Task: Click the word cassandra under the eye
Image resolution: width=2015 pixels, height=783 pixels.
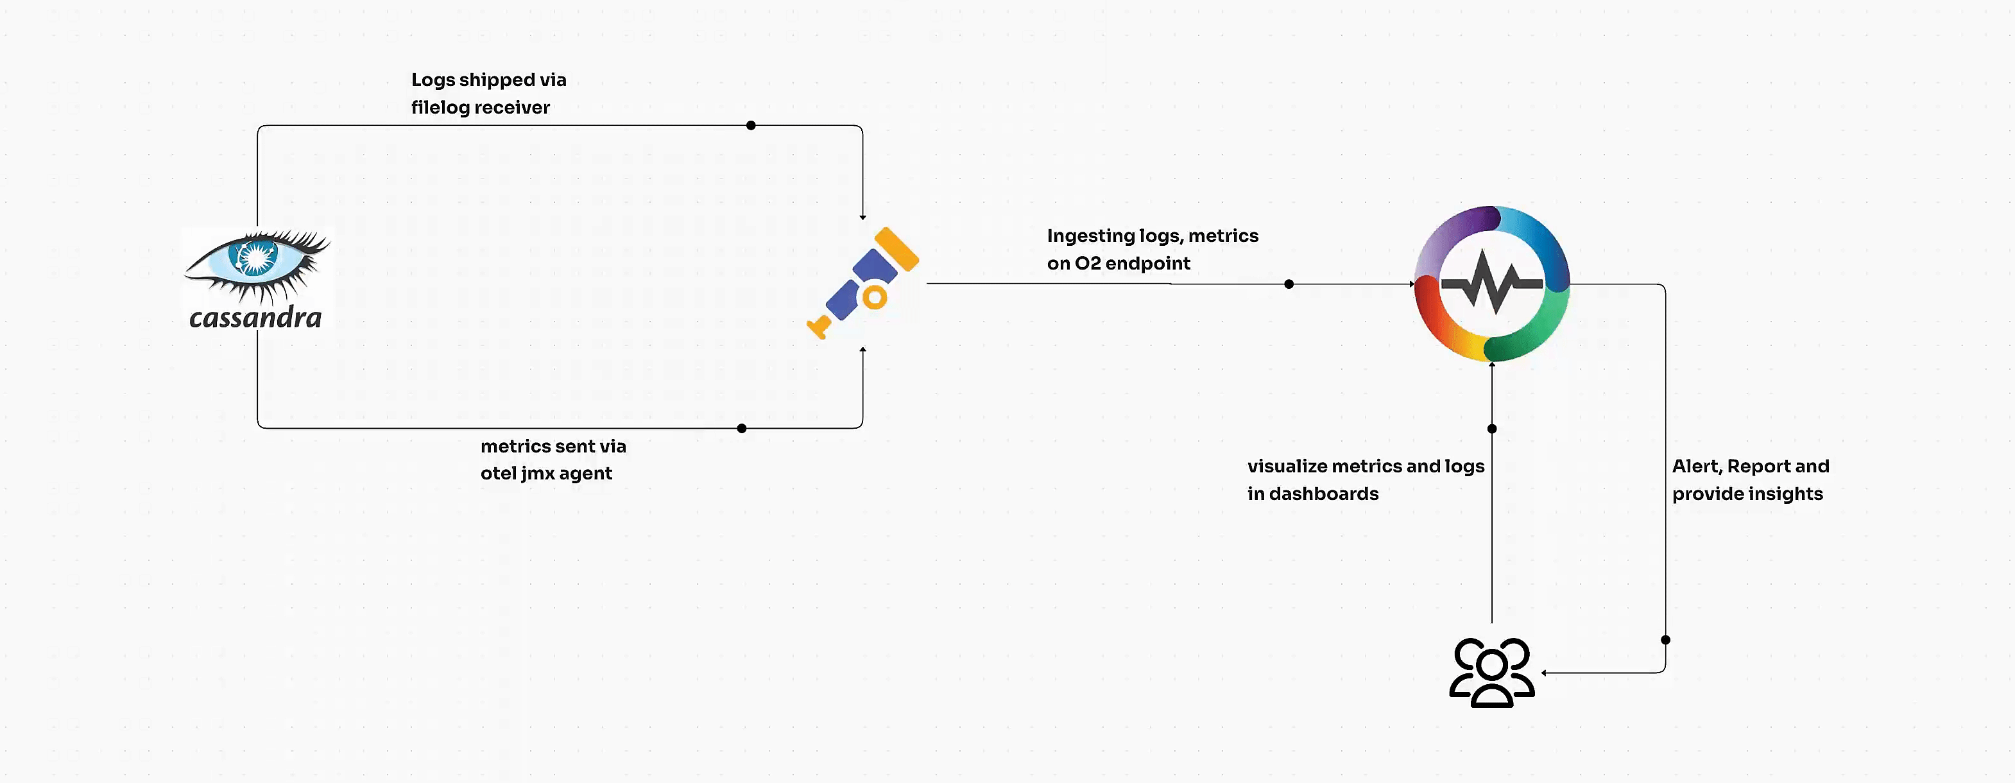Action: pyautogui.click(x=255, y=318)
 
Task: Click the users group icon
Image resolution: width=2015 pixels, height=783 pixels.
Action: pyautogui.click(x=1492, y=673)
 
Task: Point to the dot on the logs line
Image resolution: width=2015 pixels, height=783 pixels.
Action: pyautogui.click(x=751, y=125)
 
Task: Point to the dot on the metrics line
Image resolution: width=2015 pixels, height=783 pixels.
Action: pyautogui.click(x=742, y=428)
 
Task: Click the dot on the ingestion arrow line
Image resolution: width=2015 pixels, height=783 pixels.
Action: pyautogui.click(x=1289, y=284)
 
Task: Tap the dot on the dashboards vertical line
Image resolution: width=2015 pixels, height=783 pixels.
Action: pyautogui.click(x=1492, y=429)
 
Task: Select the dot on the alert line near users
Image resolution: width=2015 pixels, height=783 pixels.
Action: pyautogui.click(x=1665, y=640)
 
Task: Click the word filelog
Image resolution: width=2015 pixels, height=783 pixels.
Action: pyautogui.click(x=440, y=108)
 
